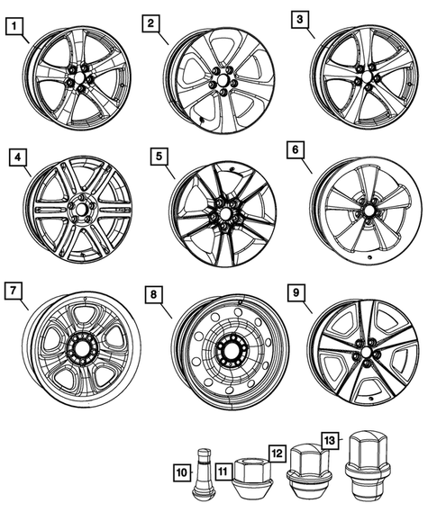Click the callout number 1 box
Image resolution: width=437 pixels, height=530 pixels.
(x=13, y=28)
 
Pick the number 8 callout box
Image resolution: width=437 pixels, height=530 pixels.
(x=155, y=293)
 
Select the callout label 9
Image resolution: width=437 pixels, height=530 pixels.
(x=296, y=292)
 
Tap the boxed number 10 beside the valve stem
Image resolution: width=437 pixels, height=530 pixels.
(x=182, y=471)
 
